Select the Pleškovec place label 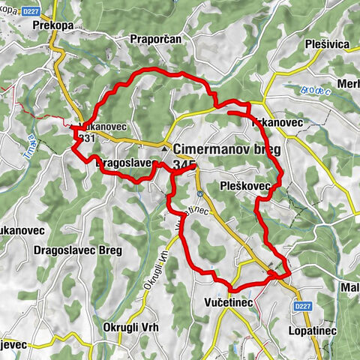pyautogui.click(x=244, y=183)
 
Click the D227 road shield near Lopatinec pyautogui.click(x=301, y=305)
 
